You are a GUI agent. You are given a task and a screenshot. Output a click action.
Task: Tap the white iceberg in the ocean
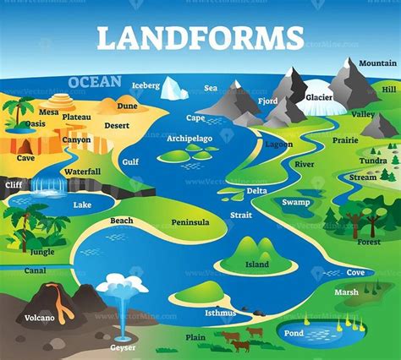coord(175,87)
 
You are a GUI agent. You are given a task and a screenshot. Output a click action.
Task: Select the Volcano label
coord(39,318)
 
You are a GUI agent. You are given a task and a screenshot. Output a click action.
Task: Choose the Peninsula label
coord(190,222)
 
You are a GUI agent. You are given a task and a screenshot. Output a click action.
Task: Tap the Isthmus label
coord(220,313)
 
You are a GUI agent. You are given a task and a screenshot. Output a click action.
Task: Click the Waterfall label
coord(82,172)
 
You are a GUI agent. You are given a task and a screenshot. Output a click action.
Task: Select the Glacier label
coord(319,97)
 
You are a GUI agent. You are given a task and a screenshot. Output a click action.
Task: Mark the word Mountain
coord(376,63)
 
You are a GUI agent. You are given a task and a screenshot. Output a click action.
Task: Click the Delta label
coord(257,191)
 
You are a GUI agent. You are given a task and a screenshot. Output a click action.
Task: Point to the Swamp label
coord(296,202)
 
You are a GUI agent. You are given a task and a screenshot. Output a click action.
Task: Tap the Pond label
coord(294,333)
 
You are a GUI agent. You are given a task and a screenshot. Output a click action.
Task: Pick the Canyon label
coord(76,139)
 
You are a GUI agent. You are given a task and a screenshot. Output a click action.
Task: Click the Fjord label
coord(268,101)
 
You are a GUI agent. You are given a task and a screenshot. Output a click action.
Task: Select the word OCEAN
coord(95,81)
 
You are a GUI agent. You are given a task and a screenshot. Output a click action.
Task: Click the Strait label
coord(240,215)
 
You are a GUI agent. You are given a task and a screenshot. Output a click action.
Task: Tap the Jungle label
coord(41,251)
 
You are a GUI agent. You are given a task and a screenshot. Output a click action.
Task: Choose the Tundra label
coord(372,161)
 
